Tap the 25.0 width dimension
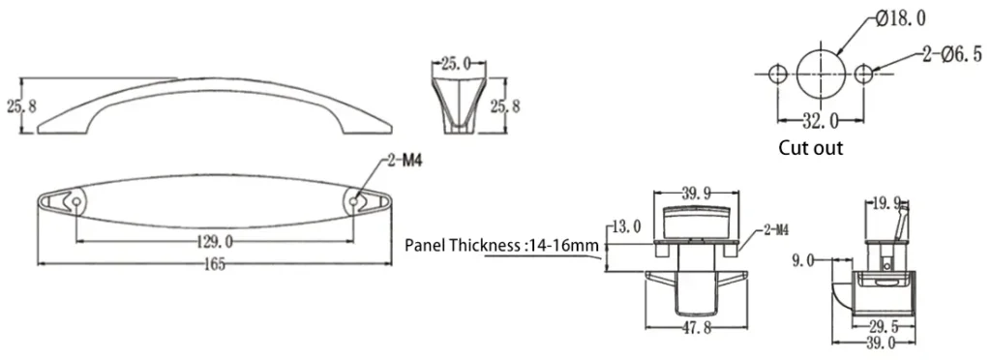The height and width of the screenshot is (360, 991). coord(456,65)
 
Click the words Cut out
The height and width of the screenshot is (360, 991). coord(811,148)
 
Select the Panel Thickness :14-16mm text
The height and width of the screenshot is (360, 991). coord(502,246)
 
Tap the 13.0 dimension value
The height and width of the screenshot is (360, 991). coord(625,227)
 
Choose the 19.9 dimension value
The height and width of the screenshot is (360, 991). coord(886,204)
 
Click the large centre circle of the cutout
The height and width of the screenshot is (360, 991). coord(822,73)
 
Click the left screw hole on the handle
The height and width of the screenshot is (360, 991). coord(75,201)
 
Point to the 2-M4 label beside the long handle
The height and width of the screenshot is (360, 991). coord(405,161)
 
